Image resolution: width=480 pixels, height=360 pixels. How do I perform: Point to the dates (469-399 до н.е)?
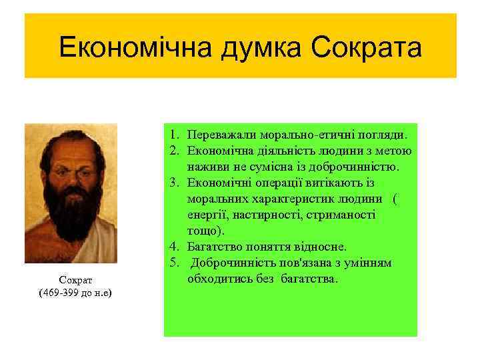pos(70,294)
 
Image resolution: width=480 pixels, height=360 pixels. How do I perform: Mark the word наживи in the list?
pos(207,167)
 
